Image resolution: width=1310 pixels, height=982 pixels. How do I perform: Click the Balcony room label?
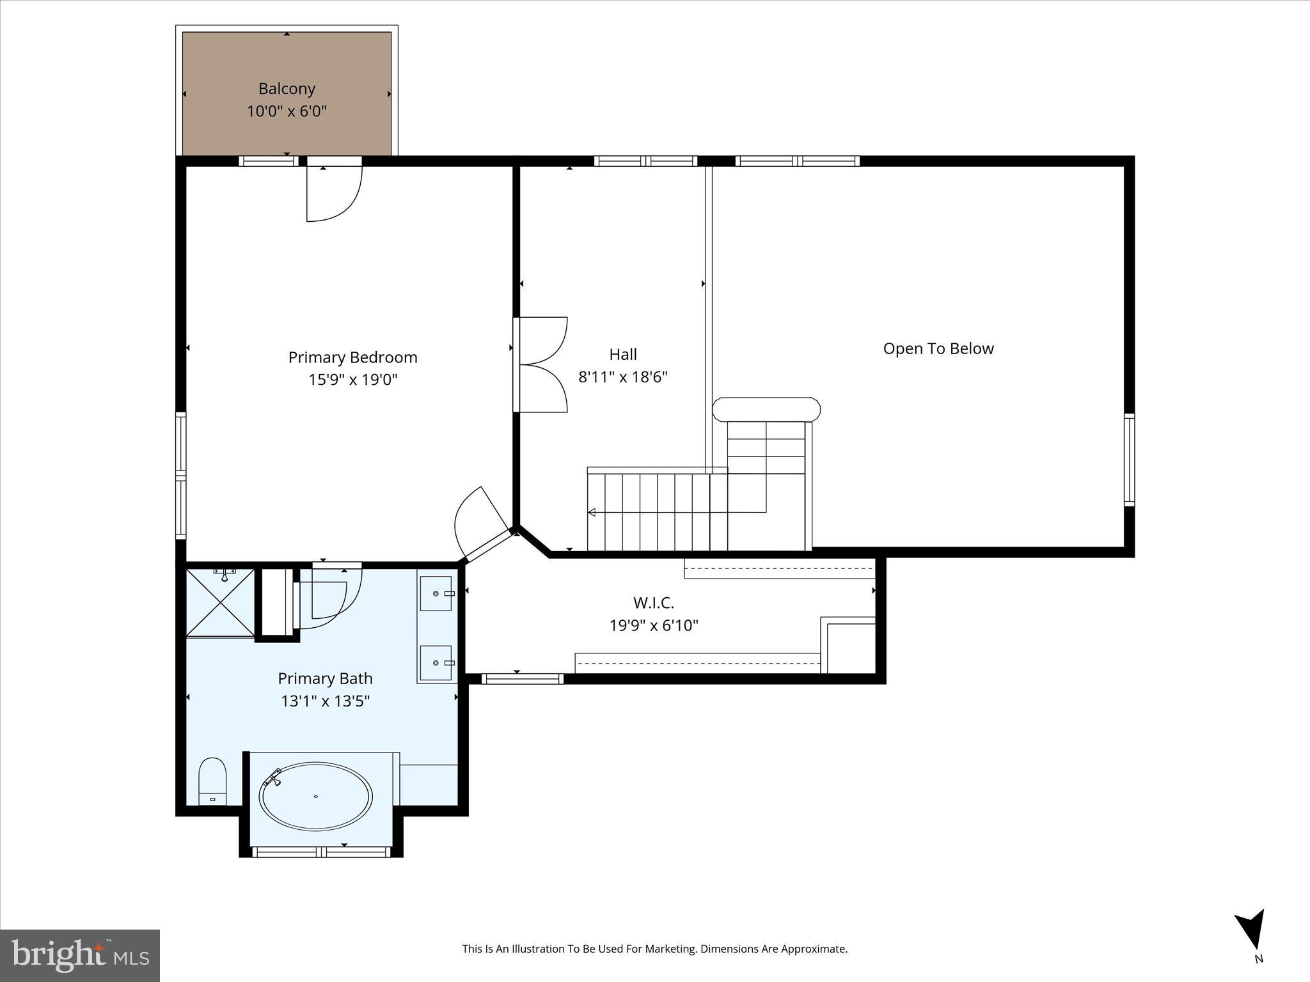pyautogui.click(x=287, y=89)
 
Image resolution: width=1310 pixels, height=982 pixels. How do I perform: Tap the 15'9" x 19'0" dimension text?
pyautogui.click(x=353, y=380)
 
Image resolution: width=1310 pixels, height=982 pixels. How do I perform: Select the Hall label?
pyautogui.click(x=622, y=354)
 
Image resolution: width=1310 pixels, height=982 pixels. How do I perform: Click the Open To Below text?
pyautogui.click(x=938, y=348)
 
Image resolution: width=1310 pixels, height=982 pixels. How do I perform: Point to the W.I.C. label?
pyautogui.click(x=653, y=603)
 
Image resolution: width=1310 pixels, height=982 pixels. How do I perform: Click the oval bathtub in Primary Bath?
pyautogui.click(x=315, y=797)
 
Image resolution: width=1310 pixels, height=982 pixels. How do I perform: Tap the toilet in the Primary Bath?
pyautogui.click(x=212, y=780)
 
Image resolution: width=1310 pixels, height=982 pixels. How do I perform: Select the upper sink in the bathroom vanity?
pyautogui.click(x=436, y=593)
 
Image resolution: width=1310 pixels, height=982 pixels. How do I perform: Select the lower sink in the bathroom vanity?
pyautogui.click(x=436, y=663)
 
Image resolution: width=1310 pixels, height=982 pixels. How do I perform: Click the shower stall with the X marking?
pyautogui.click(x=219, y=602)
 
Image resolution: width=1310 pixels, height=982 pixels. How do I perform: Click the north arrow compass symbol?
pyautogui.click(x=1252, y=932)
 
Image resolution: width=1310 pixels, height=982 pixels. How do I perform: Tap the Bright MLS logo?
pyautogui.click(x=79, y=955)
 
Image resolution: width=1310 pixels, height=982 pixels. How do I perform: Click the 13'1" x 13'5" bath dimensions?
pyautogui.click(x=325, y=701)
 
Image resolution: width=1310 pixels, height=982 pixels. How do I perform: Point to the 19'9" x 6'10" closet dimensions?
pyautogui.click(x=653, y=625)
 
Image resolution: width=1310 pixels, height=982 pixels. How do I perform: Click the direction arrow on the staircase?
pyautogui.click(x=592, y=512)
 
